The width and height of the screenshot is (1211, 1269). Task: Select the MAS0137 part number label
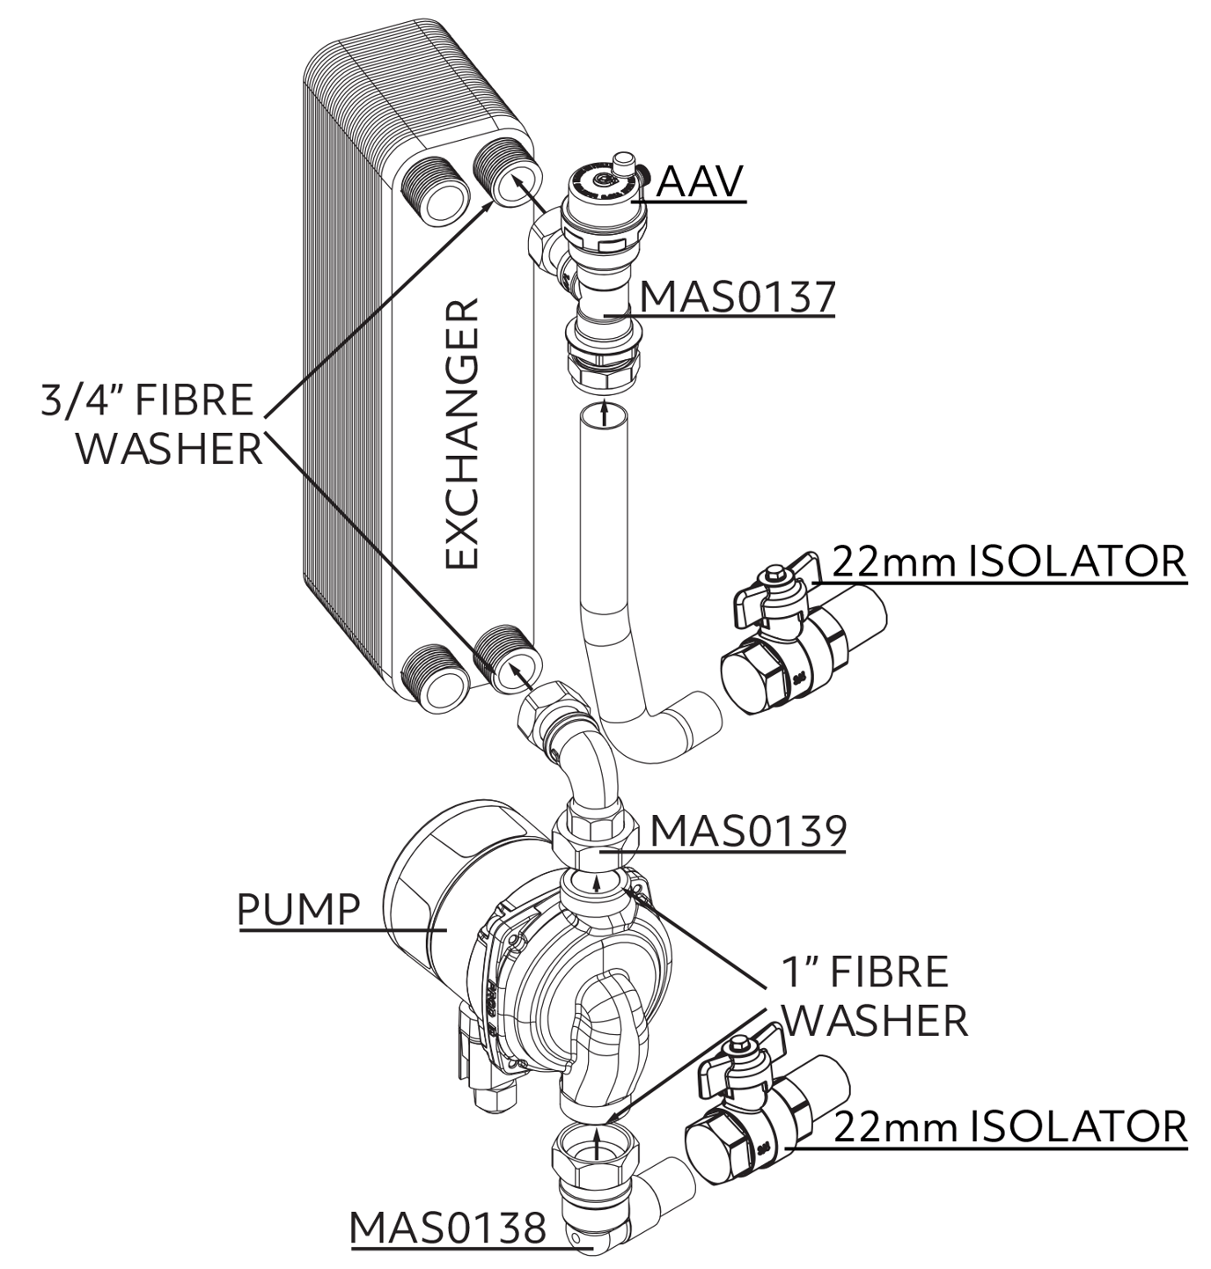click(x=737, y=297)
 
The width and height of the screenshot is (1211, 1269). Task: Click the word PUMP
click(x=299, y=907)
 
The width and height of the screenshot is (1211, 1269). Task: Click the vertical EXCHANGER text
click(x=461, y=436)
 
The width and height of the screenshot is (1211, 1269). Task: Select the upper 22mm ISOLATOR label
click(x=1009, y=561)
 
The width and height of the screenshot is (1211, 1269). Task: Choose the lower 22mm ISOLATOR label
click(x=1010, y=1126)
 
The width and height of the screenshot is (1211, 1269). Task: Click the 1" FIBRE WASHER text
click(x=873, y=996)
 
